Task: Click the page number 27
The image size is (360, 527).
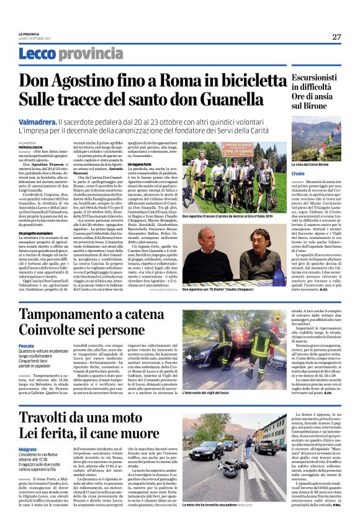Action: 336,37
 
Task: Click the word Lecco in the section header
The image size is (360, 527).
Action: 37,54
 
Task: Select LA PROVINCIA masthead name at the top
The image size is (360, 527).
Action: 28,34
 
